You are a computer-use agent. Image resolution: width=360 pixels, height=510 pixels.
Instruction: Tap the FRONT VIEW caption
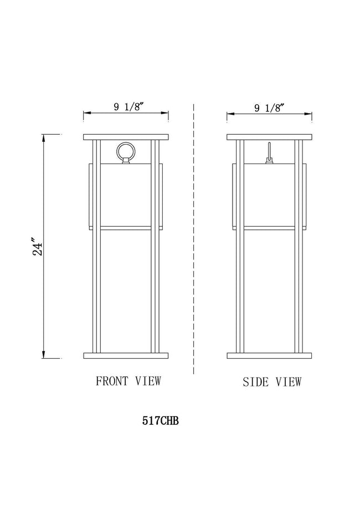(x=128, y=381)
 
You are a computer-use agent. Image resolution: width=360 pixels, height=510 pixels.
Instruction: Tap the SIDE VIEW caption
(x=272, y=382)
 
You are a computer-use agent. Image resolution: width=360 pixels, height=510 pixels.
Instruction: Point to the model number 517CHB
(x=161, y=421)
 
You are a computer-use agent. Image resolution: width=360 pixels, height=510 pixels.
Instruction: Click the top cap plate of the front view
(x=126, y=137)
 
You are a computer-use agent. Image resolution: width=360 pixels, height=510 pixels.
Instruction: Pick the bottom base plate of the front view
(x=126, y=355)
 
